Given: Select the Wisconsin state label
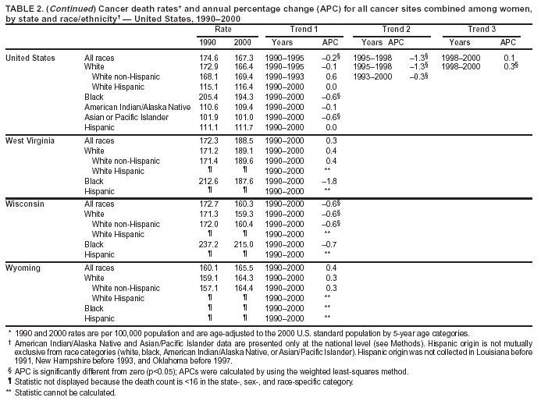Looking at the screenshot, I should coord(24,204).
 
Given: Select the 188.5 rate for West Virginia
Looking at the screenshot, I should coord(244,140).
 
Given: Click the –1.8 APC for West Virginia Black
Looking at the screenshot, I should coord(331,180).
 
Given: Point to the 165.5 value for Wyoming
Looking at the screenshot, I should coord(244,268).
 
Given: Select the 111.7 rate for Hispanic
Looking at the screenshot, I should coord(244,127).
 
